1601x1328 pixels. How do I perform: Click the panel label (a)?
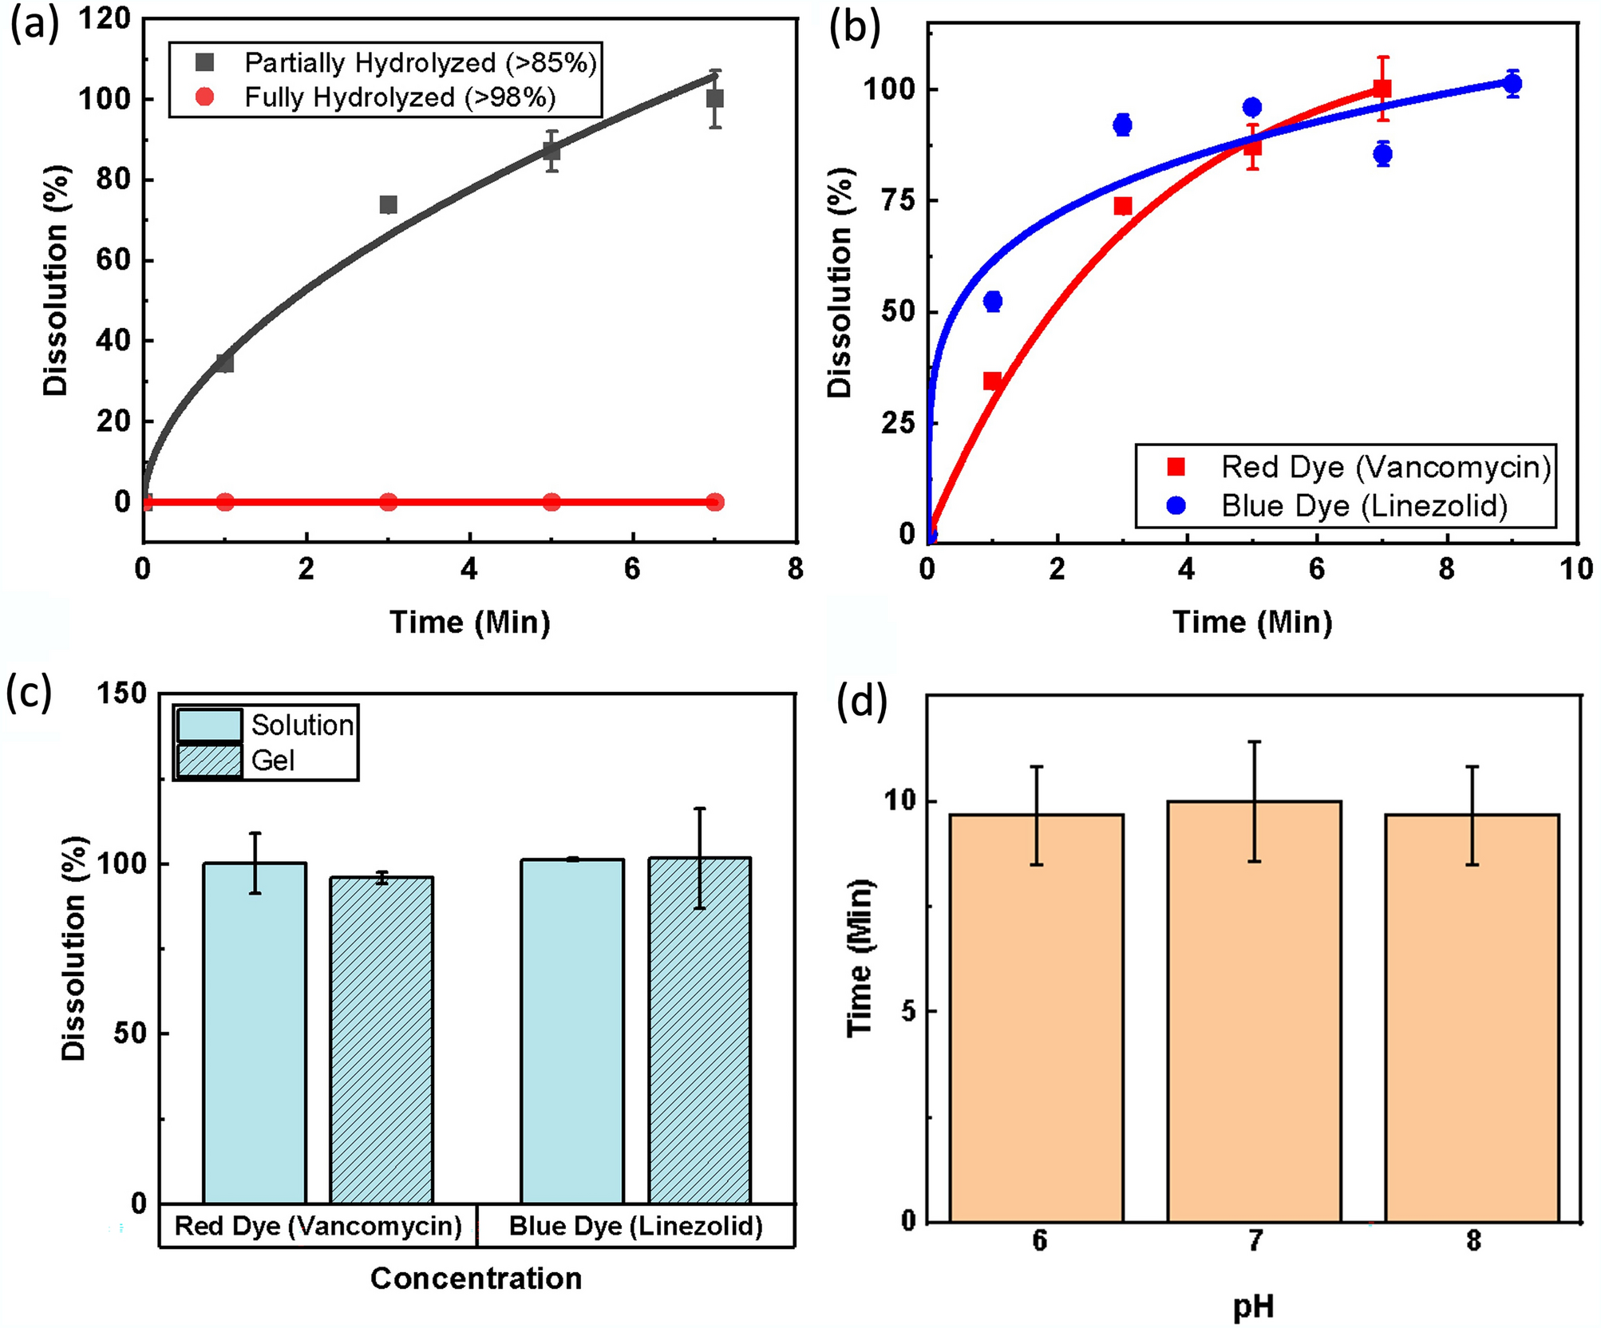tap(34, 26)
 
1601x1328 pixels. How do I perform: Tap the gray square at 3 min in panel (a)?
tap(388, 205)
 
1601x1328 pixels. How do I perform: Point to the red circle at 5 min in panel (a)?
tap(551, 502)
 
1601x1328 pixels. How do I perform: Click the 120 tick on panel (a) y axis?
tap(104, 19)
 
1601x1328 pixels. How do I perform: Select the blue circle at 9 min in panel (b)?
tap(1512, 83)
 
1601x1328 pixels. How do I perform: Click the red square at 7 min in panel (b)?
tap(1383, 89)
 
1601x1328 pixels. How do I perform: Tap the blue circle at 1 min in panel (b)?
tap(993, 301)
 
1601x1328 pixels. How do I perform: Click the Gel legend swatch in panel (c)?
tap(209, 761)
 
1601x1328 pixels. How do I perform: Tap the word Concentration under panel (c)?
tap(476, 1279)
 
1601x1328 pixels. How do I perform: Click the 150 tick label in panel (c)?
tap(121, 694)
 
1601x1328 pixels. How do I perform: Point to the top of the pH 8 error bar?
tap(1473, 767)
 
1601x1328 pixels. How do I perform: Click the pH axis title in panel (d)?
tap(1253, 1306)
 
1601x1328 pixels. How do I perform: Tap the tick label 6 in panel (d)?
tap(1039, 1240)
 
